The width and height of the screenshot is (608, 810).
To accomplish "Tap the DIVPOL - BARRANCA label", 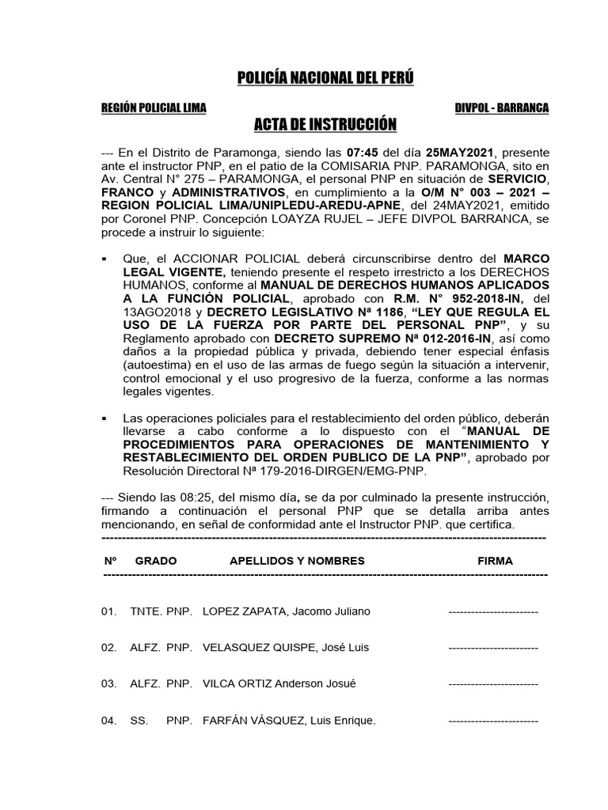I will coord(501,108).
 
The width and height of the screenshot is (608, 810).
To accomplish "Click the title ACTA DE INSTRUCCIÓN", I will coord(324,125).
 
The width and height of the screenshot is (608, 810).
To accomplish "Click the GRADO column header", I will coord(156,561).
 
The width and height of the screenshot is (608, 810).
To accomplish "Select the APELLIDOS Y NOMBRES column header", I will coord(297,561).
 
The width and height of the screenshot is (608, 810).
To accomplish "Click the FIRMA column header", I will coord(495,561).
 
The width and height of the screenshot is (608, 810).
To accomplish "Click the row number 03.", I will coord(108,683).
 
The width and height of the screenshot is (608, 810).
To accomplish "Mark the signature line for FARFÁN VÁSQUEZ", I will coord(493,721).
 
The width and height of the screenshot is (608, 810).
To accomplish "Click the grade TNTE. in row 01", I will coord(145,612).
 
